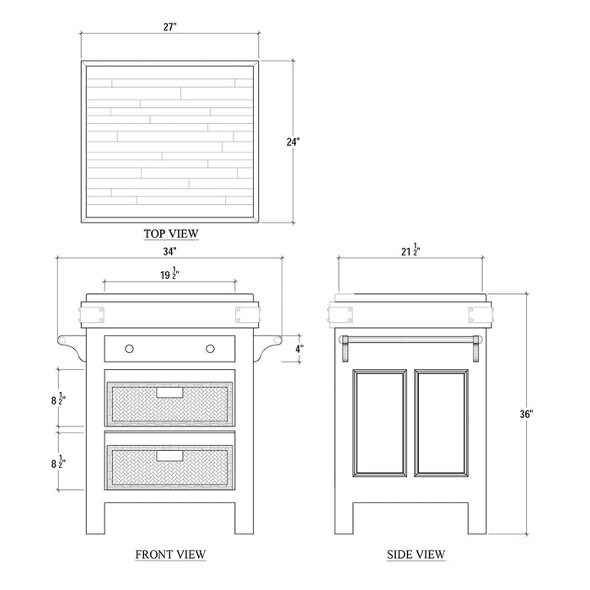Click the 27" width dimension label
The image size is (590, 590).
tap(169, 27)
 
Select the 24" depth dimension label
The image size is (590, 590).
tap(293, 142)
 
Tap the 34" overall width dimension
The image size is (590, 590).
tap(169, 251)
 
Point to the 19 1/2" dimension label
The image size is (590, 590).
tap(169, 274)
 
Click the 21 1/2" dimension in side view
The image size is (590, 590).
tap(410, 250)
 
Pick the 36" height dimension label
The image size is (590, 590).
tap(527, 414)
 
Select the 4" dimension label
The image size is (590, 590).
tap(298, 349)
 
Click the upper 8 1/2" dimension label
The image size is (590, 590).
tap(59, 399)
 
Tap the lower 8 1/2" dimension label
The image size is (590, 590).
tap(59, 462)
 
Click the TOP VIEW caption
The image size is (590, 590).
tap(171, 233)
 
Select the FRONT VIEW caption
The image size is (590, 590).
tap(170, 555)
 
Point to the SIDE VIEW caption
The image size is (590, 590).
tap(416, 555)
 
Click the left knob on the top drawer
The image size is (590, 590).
tap(129, 349)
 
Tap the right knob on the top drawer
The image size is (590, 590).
tap(211, 349)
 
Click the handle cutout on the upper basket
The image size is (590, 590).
tap(169, 393)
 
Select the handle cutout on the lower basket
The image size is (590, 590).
tap(169, 456)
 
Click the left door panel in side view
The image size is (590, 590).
tap(379, 423)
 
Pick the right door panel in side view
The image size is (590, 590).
tap(442, 423)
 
